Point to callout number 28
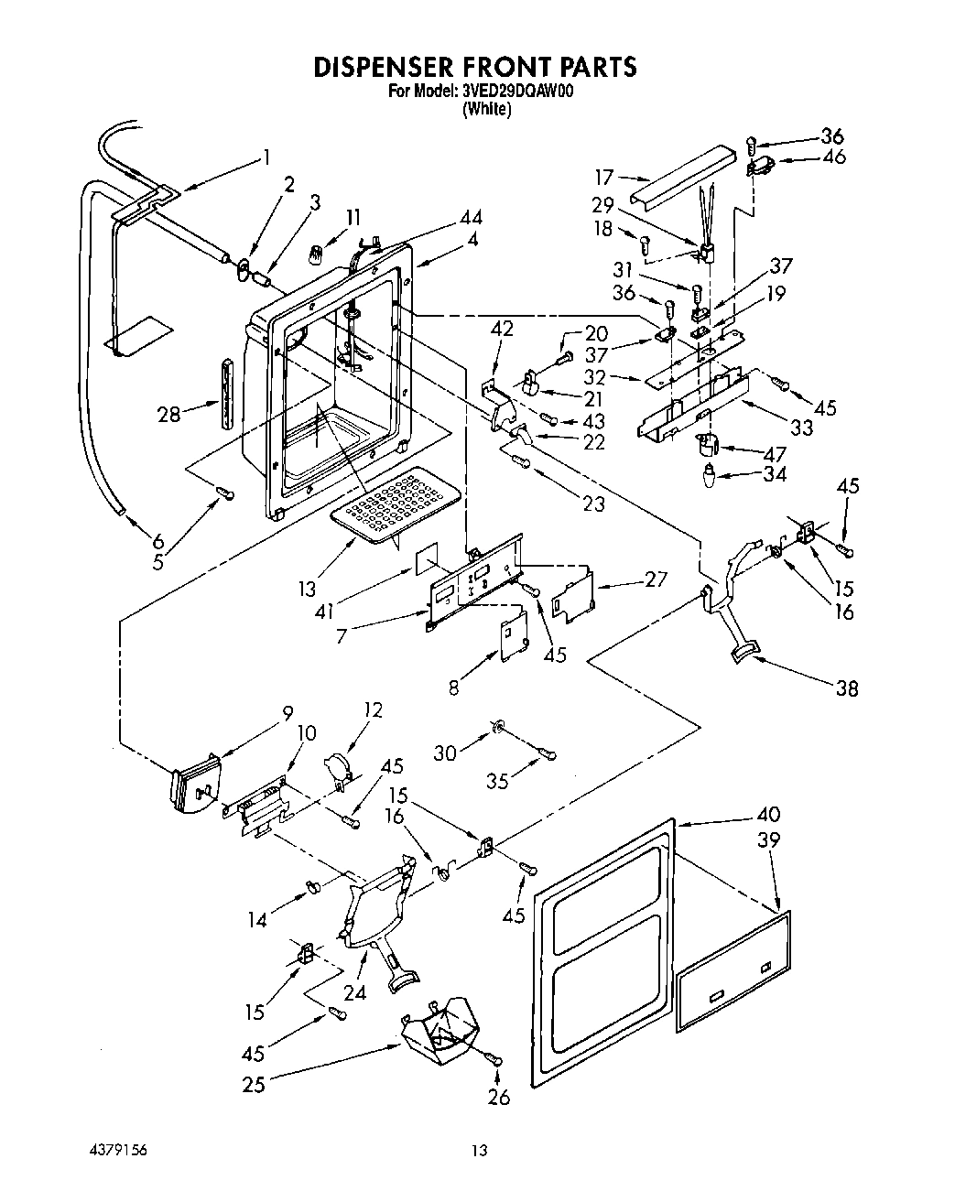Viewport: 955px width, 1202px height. [169, 415]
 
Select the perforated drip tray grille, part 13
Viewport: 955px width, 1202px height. [395, 504]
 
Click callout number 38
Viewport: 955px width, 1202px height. [847, 688]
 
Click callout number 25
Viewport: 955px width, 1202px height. [254, 1084]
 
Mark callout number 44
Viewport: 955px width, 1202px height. [472, 218]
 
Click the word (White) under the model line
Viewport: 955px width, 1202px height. [485, 109]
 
